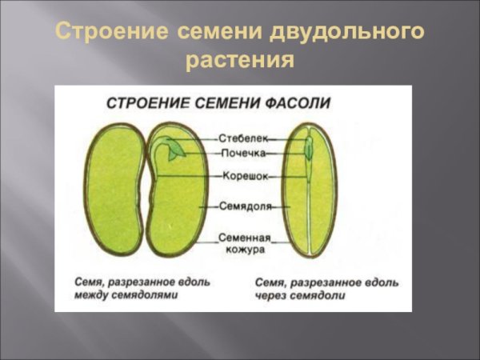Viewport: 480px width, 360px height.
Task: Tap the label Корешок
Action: coord(245,175)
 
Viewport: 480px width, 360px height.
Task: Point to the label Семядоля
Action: coord(245,206)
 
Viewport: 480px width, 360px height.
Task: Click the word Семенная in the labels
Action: coord(245,238)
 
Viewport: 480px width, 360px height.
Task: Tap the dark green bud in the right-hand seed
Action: coord(309,149)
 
